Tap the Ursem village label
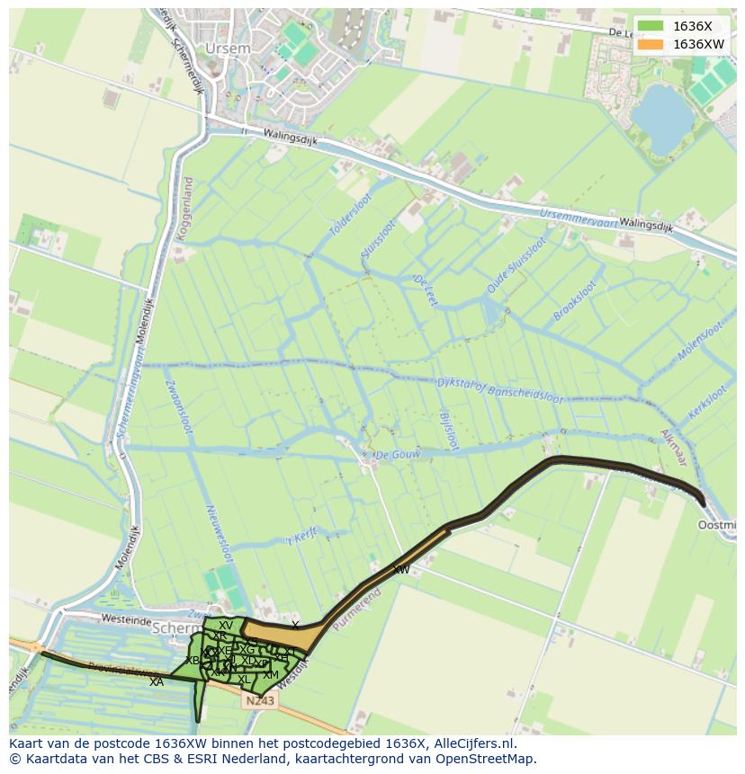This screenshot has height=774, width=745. pyautogui.click(x=222, y=48)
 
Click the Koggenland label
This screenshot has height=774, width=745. pyautogui.click(x=186, y=207)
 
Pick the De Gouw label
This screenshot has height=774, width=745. pyautogui.click(x=398, y=455)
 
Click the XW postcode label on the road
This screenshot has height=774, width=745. pyautogui.click(x=401, y=570)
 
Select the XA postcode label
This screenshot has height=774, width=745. pyautogui.click(x=157, y=682)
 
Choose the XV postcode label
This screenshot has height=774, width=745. pyautogui.click(x=226, y=626)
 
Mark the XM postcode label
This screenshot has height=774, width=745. pyautogui.click(x=271, y=674)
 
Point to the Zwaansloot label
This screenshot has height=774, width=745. pyautogui.click(x=178, y=407)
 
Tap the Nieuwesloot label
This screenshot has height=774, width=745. pyautogui.click(x=220, y=531)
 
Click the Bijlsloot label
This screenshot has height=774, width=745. pyautogui.click(x=449, y=424)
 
